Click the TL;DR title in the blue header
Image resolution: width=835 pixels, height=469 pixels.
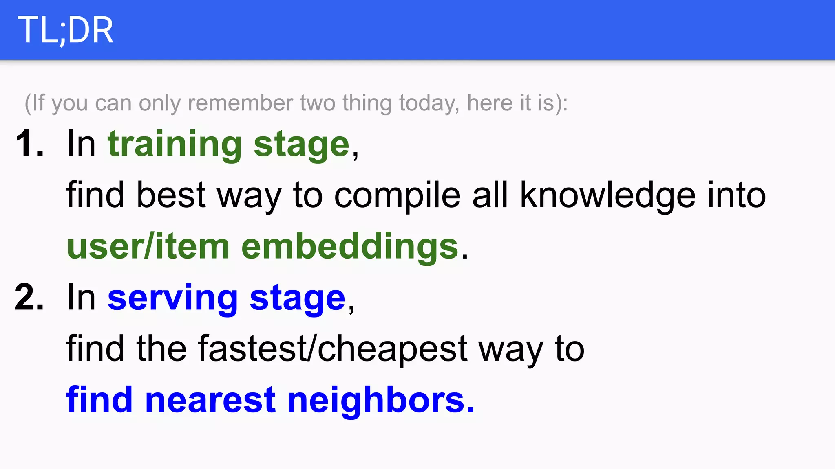(65, 30)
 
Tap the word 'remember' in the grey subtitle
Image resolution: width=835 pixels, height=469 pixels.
(240, 103)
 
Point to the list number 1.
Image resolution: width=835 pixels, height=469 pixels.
(29, 143)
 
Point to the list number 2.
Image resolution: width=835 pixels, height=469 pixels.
(29, 297)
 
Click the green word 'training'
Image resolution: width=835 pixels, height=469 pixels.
(175, 144)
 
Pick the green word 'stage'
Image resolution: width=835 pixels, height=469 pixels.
(302, 145)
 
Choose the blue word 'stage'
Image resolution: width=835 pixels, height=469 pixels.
(298, 299)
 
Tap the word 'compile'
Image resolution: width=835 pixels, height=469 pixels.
(398, 195)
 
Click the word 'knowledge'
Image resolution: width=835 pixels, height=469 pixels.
(608, 195)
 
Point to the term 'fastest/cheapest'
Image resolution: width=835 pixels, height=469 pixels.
(333, 349)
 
